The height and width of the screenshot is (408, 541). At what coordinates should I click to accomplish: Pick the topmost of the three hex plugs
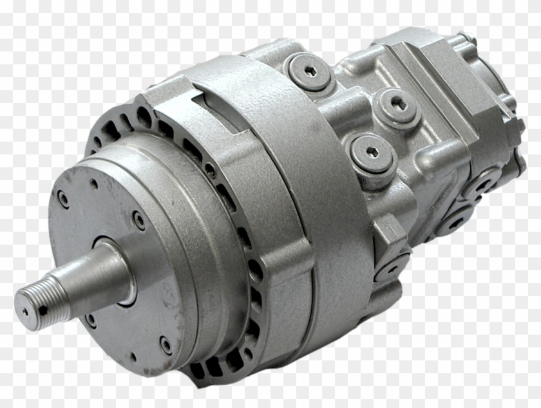310,71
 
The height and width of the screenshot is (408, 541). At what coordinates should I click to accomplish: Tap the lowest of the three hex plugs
371,153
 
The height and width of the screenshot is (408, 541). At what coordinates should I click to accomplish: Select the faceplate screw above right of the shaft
139,221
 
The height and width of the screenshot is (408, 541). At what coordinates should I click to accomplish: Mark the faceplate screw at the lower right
166,345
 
